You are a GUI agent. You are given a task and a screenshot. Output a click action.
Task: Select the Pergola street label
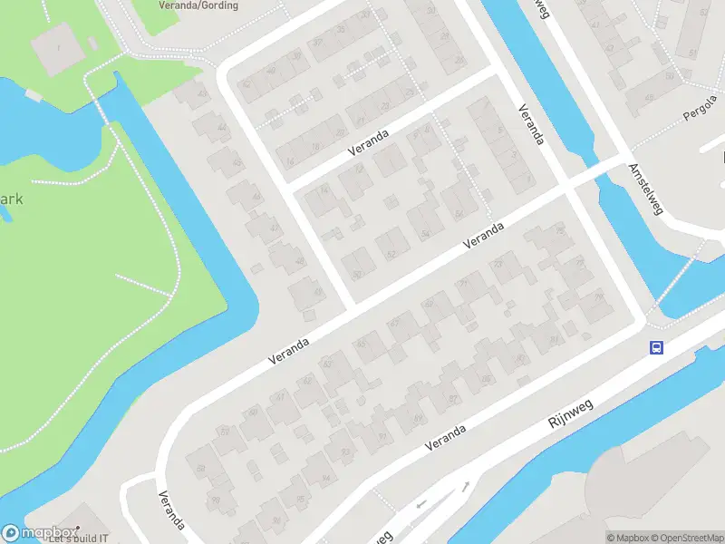700,115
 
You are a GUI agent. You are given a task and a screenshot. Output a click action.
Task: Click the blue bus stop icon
656,347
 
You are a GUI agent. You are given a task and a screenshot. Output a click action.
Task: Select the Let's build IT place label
79,538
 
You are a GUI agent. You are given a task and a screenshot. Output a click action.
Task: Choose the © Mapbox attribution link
628,538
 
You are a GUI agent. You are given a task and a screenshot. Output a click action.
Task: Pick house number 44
222,129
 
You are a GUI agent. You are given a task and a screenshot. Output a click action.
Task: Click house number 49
317,292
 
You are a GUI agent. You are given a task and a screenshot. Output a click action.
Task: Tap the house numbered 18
315,145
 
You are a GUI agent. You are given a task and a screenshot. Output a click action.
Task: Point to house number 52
391,254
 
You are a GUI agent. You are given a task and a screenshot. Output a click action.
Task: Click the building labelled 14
324,189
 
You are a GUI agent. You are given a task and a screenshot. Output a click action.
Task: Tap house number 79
598,296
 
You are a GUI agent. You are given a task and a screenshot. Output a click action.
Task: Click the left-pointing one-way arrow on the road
420,504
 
